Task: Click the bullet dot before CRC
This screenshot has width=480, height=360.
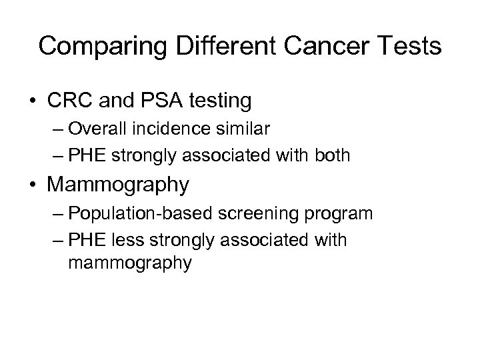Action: point(32,101)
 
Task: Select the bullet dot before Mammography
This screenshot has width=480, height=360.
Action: point(32,184)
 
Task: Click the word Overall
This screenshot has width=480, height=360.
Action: point(101,129)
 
